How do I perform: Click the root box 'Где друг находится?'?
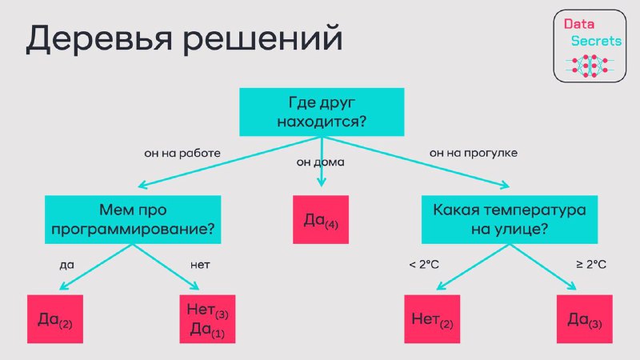click(x=322, y=112)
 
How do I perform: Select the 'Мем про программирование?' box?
click(x=133, y=219)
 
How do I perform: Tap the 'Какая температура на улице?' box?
click(x=510, y=219)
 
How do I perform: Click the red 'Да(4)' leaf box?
click(x=321, y=219)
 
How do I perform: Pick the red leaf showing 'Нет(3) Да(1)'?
click(x=207, y=318)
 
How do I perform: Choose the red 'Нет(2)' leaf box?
click(x=432, y=318)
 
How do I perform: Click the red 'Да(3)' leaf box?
click(x=585, y=318)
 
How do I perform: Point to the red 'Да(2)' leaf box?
click(x=55, y=318)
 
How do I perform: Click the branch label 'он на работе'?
click(x=182, y=154)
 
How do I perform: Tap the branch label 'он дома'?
click(x=321, y=162)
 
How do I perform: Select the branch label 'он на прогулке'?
click(x=474, y=154)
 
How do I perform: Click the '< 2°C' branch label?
click(x=424, y=265)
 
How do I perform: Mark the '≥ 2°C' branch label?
click(x=591, y=265)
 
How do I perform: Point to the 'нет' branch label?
click(x=200, y=266)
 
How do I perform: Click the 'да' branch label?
click(x=67, y=266)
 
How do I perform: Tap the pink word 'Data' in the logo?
click(x=578, y=24)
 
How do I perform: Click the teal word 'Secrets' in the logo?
click(x=596, y=41)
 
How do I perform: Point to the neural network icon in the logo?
click(x=590, y=66)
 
